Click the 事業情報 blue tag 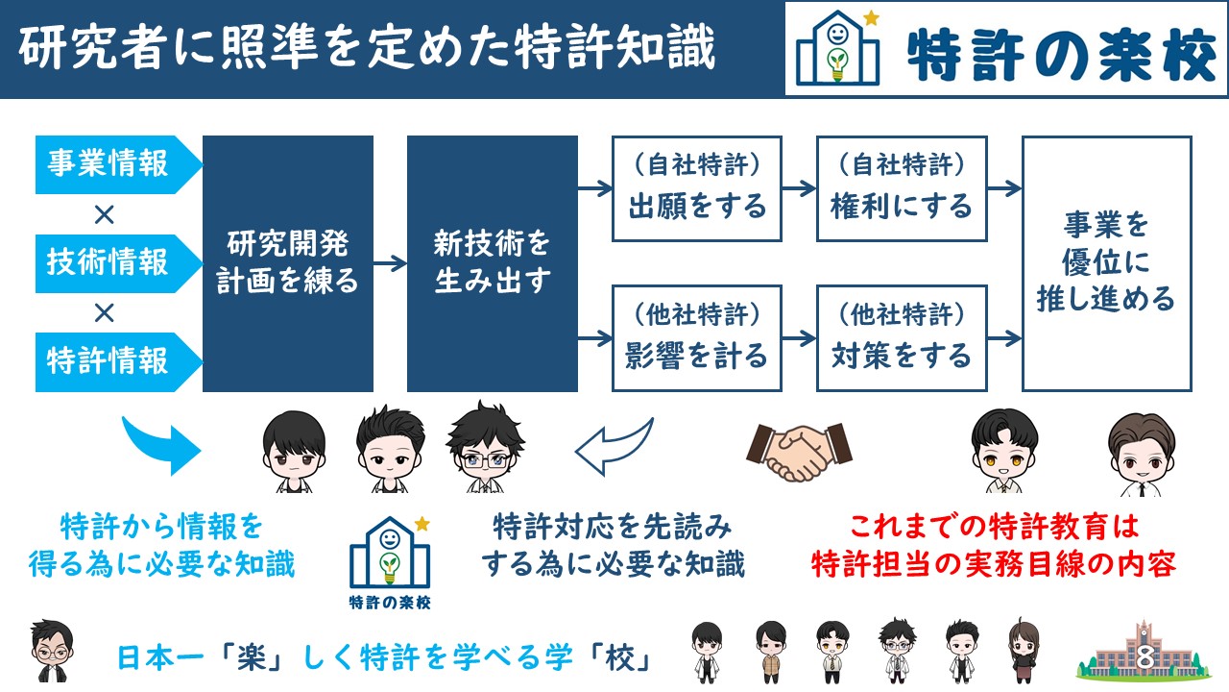(x=118, y=164)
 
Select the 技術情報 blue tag (x=118, y=263)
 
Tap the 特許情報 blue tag (x=118, y=362)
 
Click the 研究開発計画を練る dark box (x=288, y=263)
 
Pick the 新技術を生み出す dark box (x=493, y=263)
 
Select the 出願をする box (x=697, y=189)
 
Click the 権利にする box (x=902, y=189)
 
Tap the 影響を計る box (x=697, y=338)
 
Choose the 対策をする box (x=902, y=338)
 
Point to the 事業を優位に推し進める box (x=1107, y=263)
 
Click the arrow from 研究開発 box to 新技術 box (x=390, y=263)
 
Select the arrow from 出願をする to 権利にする (x=800, y=188)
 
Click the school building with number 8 (x=1144, y=653)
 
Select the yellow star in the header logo (x=871, y=18)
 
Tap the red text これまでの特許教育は (x=994, y=527)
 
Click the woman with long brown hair (x=1024, y=652)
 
